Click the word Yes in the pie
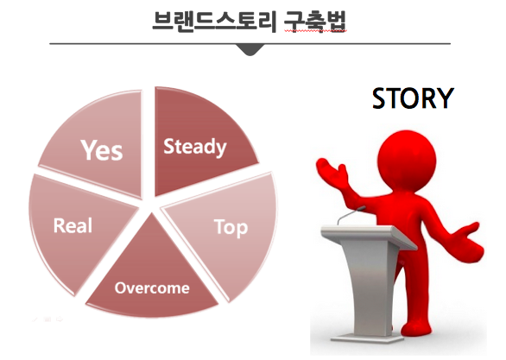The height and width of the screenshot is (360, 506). point(102,150)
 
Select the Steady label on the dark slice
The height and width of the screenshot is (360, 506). point(195,147)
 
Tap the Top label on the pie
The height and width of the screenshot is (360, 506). point(231,227)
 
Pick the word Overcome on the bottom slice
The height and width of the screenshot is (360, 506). point(152,288)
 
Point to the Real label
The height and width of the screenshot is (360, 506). point(73,225)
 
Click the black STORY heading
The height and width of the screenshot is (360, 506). point(413,98)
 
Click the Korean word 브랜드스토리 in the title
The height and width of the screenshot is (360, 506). point(214,22)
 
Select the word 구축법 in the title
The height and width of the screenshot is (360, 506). point(315,22)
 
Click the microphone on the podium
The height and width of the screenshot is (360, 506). point(351,215)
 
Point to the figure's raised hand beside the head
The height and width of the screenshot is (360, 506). point(332,172)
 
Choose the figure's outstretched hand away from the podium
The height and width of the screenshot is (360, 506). point(467,242)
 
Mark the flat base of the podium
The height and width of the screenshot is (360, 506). point(367,338)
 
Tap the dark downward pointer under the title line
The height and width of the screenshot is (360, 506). point(250,50)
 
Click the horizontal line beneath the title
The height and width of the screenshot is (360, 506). point(250,43)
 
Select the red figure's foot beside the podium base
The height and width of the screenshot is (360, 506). point(416,329)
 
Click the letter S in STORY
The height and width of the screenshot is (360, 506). point(380,98)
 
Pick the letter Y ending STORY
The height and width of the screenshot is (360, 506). point(446,98)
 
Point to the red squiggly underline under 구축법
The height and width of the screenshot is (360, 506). point(315,31)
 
